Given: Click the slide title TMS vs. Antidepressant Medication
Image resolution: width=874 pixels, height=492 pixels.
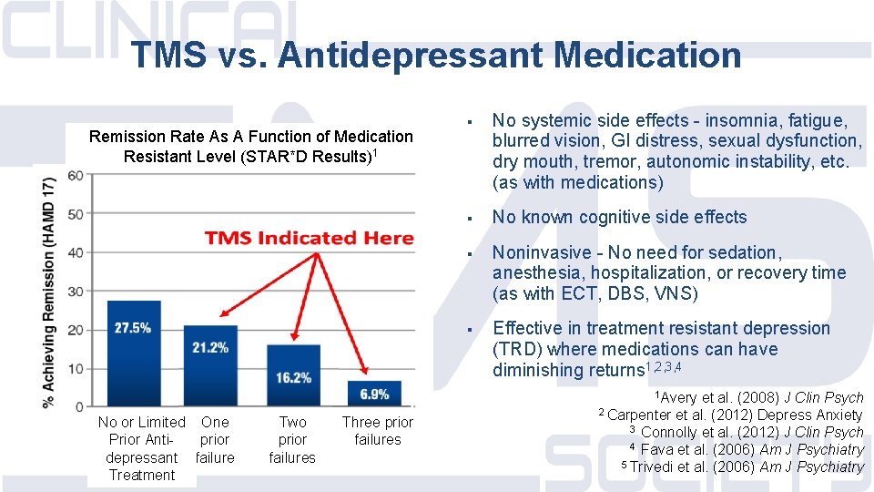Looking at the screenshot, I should (436, 55).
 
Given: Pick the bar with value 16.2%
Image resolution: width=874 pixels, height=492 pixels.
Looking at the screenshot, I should (293, 374).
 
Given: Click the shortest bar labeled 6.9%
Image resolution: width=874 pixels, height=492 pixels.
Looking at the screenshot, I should (374, 394).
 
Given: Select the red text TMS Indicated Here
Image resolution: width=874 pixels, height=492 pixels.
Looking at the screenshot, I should (310, 239).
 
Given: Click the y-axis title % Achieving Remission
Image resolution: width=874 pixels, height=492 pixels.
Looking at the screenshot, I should (50, 292).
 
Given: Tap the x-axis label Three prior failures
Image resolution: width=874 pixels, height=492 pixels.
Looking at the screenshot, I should (377, 431).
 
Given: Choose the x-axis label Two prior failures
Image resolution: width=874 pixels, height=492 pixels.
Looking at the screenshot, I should (292, 439).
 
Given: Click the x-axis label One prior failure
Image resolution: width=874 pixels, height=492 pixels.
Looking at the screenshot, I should (215, 439).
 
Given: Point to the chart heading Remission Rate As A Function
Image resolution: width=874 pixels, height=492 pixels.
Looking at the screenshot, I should (250, 146).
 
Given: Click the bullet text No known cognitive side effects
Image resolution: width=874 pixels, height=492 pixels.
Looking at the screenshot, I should (619, 217).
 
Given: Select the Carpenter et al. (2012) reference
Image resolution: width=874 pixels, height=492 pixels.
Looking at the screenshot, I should (730, 415).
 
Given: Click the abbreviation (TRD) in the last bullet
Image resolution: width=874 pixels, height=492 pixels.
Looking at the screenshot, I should (518, 349).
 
